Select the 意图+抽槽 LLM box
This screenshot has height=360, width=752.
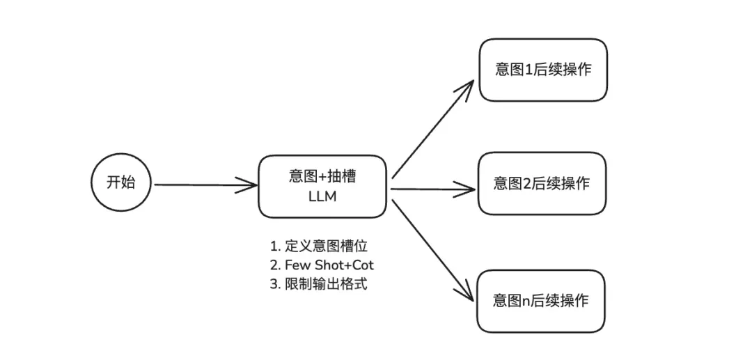322,186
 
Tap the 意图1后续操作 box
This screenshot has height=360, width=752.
542,70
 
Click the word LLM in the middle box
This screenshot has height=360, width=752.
322,196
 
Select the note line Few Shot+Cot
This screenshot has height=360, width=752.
324,265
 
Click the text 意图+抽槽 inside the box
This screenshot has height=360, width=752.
322,176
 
